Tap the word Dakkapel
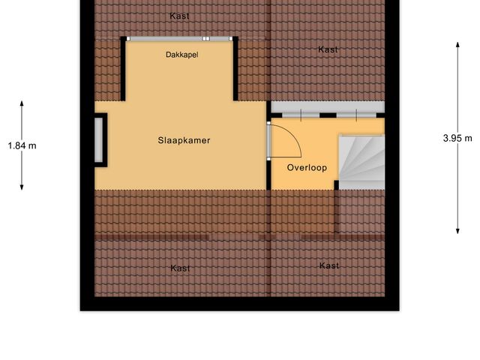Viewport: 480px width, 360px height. (x=182, y=55)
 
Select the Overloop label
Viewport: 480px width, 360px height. (x=307, y=167)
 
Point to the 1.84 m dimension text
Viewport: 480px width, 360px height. (x=21, y=145)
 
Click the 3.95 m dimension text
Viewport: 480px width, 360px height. (x=457, y=138)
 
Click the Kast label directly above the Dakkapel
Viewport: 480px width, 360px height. (x=179, y=16)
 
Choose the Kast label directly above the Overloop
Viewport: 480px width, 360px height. (x=328, y=49)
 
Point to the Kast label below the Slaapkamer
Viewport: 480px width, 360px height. (x=180, y=268)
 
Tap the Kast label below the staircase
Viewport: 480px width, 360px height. (x=328, y=265)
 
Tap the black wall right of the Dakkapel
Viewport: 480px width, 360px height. (x=237, y=69)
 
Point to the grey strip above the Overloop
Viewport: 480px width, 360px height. (x=327, y=106)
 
